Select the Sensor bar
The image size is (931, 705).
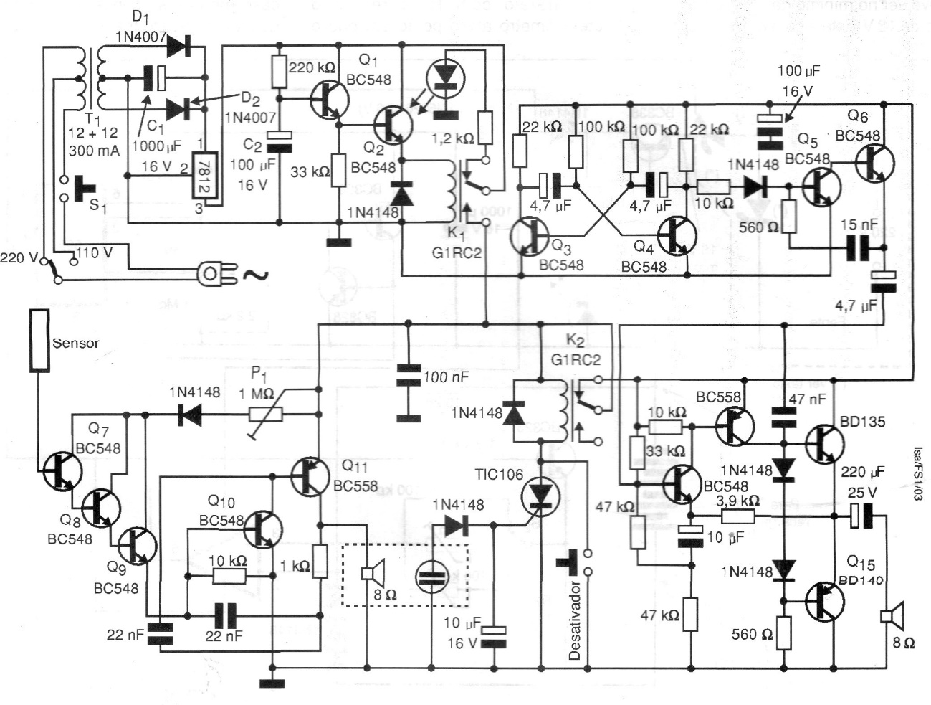[39, 341]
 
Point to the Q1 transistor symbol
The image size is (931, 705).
[330, 99]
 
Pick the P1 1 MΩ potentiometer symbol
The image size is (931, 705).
[266, 415]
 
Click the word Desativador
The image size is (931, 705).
[575, 617]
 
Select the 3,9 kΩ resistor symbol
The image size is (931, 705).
[739, 516]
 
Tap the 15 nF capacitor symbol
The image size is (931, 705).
[859, 249]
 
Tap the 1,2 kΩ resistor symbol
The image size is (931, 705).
[485, 128]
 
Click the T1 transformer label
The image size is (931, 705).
[93, 118]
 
